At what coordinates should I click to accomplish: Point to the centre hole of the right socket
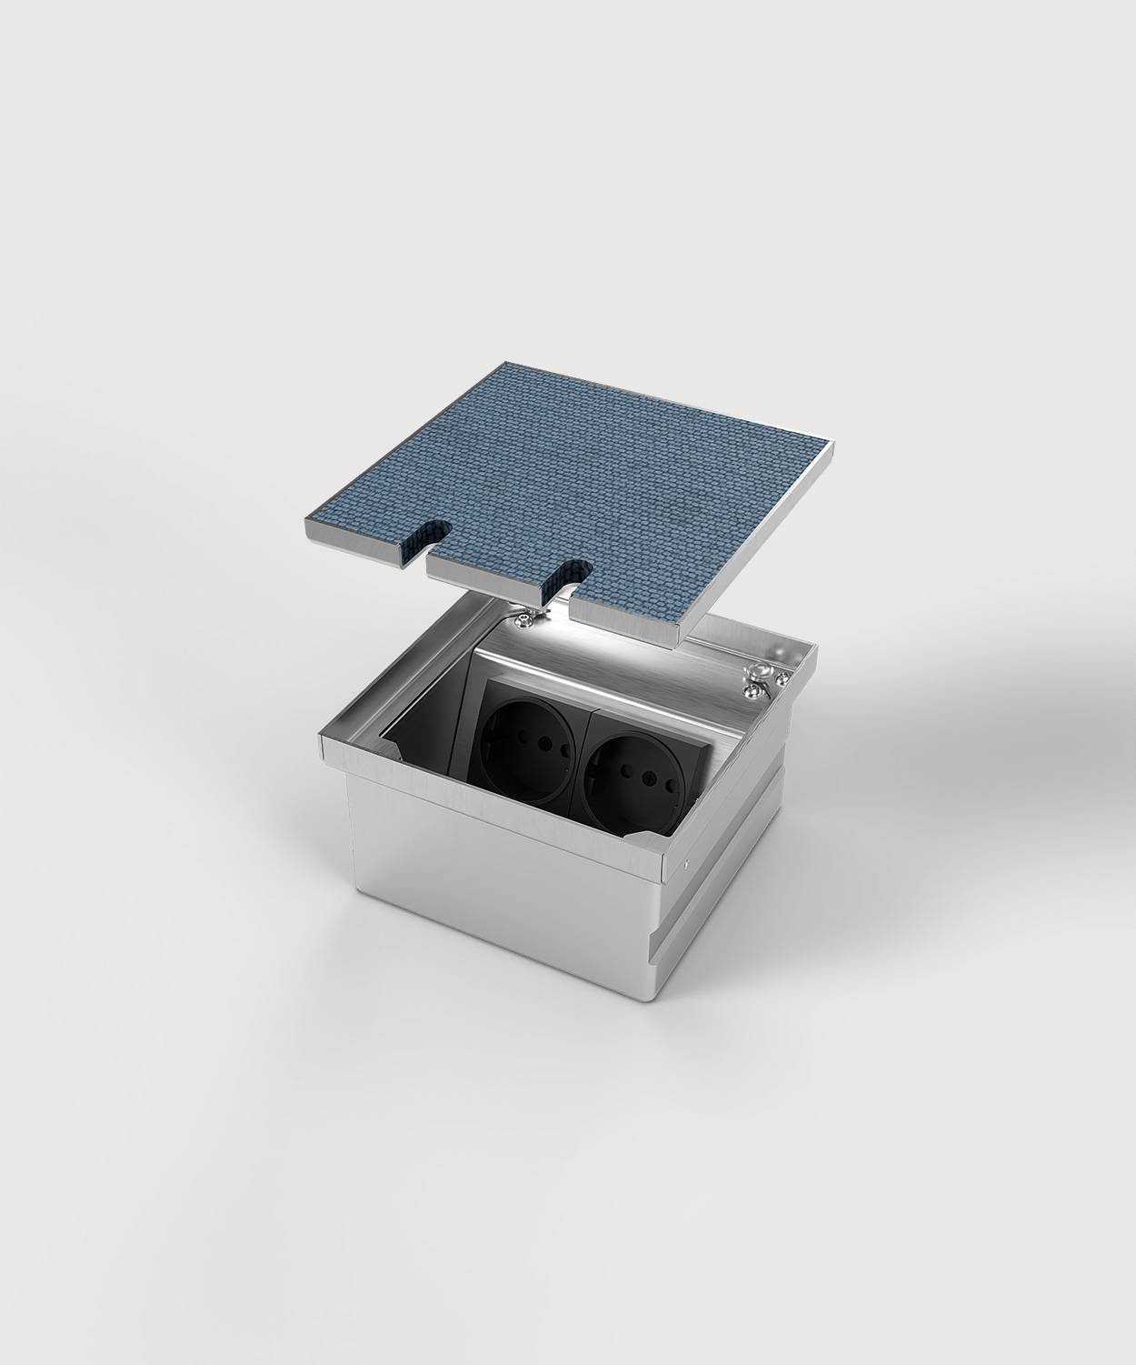tap(634, 753)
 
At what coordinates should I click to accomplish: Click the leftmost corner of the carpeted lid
tap(304, 525)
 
